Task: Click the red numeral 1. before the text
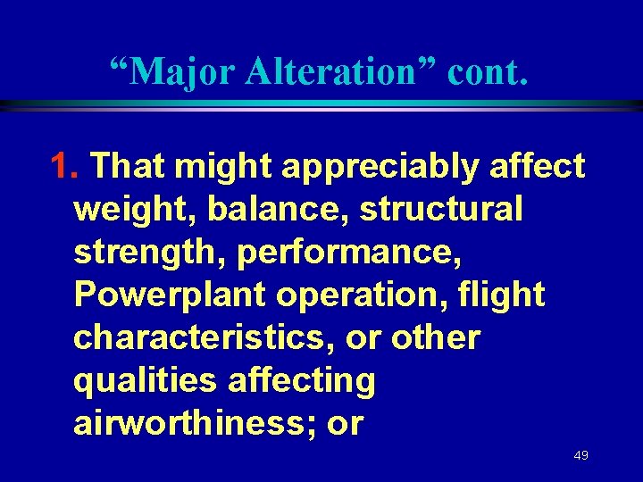[68, 165]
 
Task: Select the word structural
[441, 210]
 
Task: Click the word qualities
[145, 381]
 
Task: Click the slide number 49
[580, 455]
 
